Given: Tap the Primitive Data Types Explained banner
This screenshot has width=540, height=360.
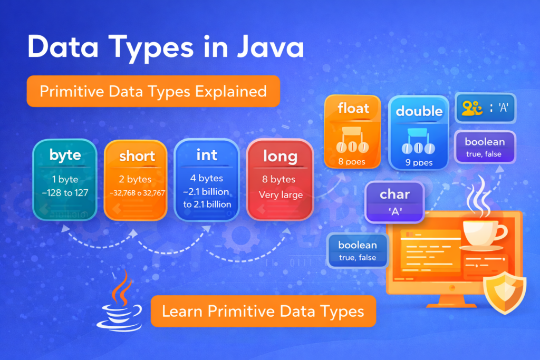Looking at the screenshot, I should (153, 92).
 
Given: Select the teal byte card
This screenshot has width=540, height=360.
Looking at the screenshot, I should (65, 179).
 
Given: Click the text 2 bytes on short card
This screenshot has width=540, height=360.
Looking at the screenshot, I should (136, 179).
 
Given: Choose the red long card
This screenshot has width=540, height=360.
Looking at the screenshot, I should (280, 179).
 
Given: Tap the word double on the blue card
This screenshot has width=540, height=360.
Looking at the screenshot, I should (419, 111).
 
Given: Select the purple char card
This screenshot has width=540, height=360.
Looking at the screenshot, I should (394, 202).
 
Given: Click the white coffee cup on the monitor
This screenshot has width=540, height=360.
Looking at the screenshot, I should (483, 232).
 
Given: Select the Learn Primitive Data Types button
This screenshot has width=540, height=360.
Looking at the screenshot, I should (263, 311).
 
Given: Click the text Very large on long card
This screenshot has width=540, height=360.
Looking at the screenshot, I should (281, 195).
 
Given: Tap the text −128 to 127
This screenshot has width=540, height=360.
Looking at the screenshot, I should (65, 193).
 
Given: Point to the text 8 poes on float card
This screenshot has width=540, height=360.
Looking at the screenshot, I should (352, 162).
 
